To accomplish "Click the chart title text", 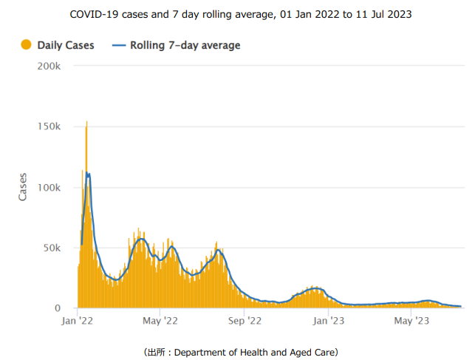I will [237, 14].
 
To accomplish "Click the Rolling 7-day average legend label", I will [185, 46].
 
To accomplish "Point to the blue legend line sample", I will [119, 46].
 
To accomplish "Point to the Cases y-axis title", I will [23, 187].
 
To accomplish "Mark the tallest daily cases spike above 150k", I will [87, 123].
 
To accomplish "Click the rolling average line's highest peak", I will [88, 174].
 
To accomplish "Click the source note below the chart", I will [237, 352].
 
